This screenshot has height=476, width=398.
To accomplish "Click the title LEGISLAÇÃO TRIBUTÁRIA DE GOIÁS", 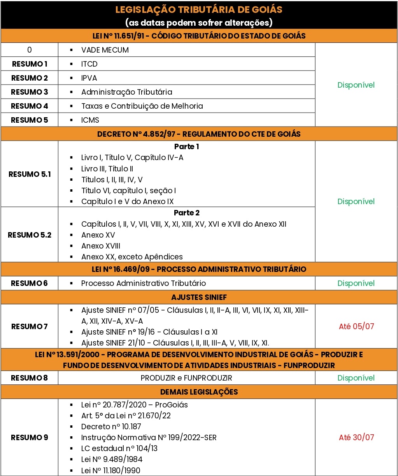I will coord(199,10).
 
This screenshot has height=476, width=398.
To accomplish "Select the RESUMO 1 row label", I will coord(30,64).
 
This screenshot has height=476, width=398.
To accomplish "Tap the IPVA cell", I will coord(89,78).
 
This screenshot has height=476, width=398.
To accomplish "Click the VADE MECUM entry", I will coord(105,50).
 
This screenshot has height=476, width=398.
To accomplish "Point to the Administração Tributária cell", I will coord(126,92).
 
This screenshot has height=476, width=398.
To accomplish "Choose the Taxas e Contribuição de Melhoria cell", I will coord(142,106).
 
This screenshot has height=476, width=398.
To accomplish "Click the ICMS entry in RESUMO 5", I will coord(90,120).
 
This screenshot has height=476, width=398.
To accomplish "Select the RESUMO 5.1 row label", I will coord(30,174).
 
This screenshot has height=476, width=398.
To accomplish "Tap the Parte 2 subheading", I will coord(187,213).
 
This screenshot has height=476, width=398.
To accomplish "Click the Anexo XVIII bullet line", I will coord(101,246).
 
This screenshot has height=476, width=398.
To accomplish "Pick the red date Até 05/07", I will coord(356,326).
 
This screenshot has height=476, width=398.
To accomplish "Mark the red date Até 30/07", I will coord(356,437).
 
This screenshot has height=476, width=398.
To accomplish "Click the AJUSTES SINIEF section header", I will coord(199,297).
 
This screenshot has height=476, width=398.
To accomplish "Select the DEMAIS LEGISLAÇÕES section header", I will coord(199,392).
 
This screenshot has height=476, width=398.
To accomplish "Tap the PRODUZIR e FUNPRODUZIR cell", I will coord(186,378).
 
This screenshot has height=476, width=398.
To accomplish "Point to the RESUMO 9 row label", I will coord(30,437).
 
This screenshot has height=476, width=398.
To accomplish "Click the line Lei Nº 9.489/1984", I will coord(112,459).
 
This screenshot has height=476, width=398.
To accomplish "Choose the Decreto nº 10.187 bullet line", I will coord(111,427).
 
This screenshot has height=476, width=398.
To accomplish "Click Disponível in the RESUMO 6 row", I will coord(356,283).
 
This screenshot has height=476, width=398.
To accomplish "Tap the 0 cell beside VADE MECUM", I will coord(30,50).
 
